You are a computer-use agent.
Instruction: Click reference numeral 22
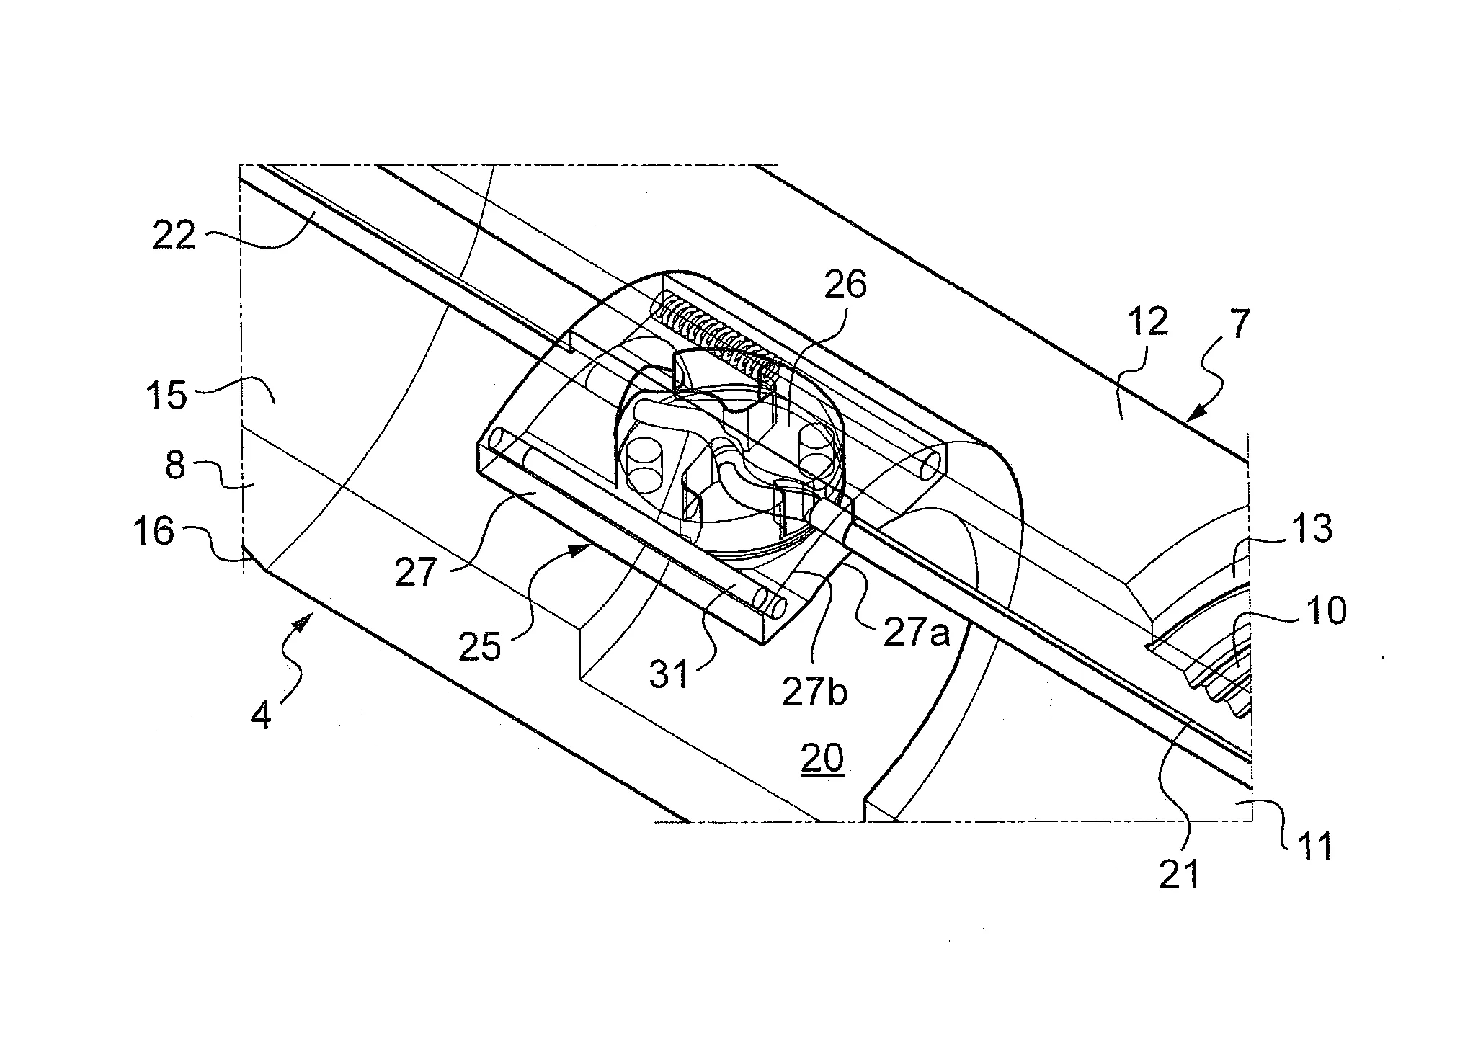174,236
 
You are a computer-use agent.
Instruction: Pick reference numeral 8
176,466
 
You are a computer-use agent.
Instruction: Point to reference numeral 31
670,676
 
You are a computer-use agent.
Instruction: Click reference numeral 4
261,717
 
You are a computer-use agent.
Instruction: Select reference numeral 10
1325,610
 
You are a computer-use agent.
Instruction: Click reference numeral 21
1179,874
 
